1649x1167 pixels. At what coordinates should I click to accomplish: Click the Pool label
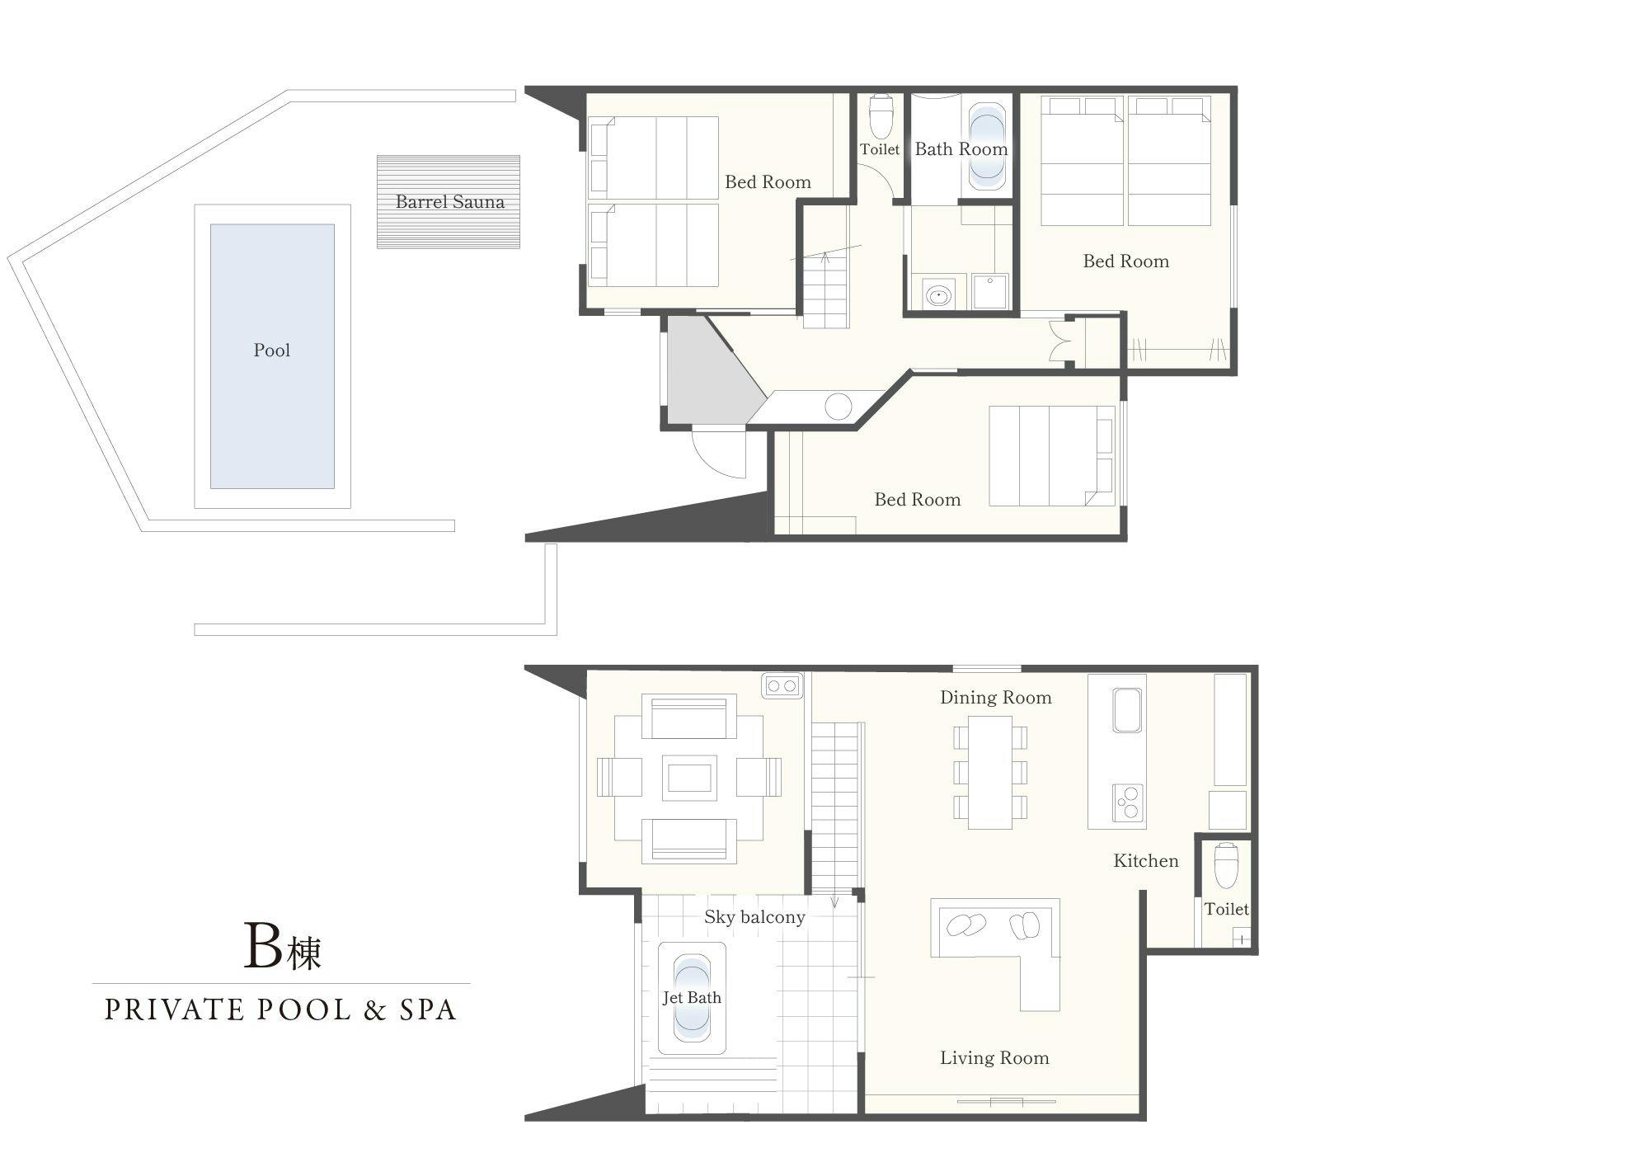coord(272,351)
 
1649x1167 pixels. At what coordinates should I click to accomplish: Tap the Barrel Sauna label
coord(449,202)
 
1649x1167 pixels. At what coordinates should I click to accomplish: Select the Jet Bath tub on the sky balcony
coord(692,998)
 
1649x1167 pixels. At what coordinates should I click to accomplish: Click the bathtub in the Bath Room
coord(986,148)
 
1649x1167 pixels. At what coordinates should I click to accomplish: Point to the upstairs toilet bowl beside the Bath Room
coord(881,117)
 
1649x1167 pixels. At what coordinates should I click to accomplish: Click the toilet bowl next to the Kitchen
coord(1226,864)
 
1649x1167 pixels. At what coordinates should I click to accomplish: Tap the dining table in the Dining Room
coord(990,772)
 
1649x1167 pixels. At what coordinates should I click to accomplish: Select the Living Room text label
coord(994,1058)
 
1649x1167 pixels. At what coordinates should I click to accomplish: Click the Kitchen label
coord(1146,861)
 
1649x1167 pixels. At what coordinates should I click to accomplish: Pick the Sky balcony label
coord(754,917)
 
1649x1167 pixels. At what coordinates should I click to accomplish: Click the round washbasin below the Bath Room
coord(937,294)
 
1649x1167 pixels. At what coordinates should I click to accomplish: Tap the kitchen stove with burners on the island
coord(1128,802)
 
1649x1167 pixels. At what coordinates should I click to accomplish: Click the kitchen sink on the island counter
coord(1128,710)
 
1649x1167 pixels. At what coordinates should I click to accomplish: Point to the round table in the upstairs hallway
coord(839,407)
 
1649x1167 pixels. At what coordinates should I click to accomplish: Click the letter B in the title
coord(264,946)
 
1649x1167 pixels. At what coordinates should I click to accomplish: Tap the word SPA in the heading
coord(428,1010)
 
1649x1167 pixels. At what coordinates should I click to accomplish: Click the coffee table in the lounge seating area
coord(689,778)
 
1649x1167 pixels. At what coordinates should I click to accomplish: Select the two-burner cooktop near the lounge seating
coord(782,685)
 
